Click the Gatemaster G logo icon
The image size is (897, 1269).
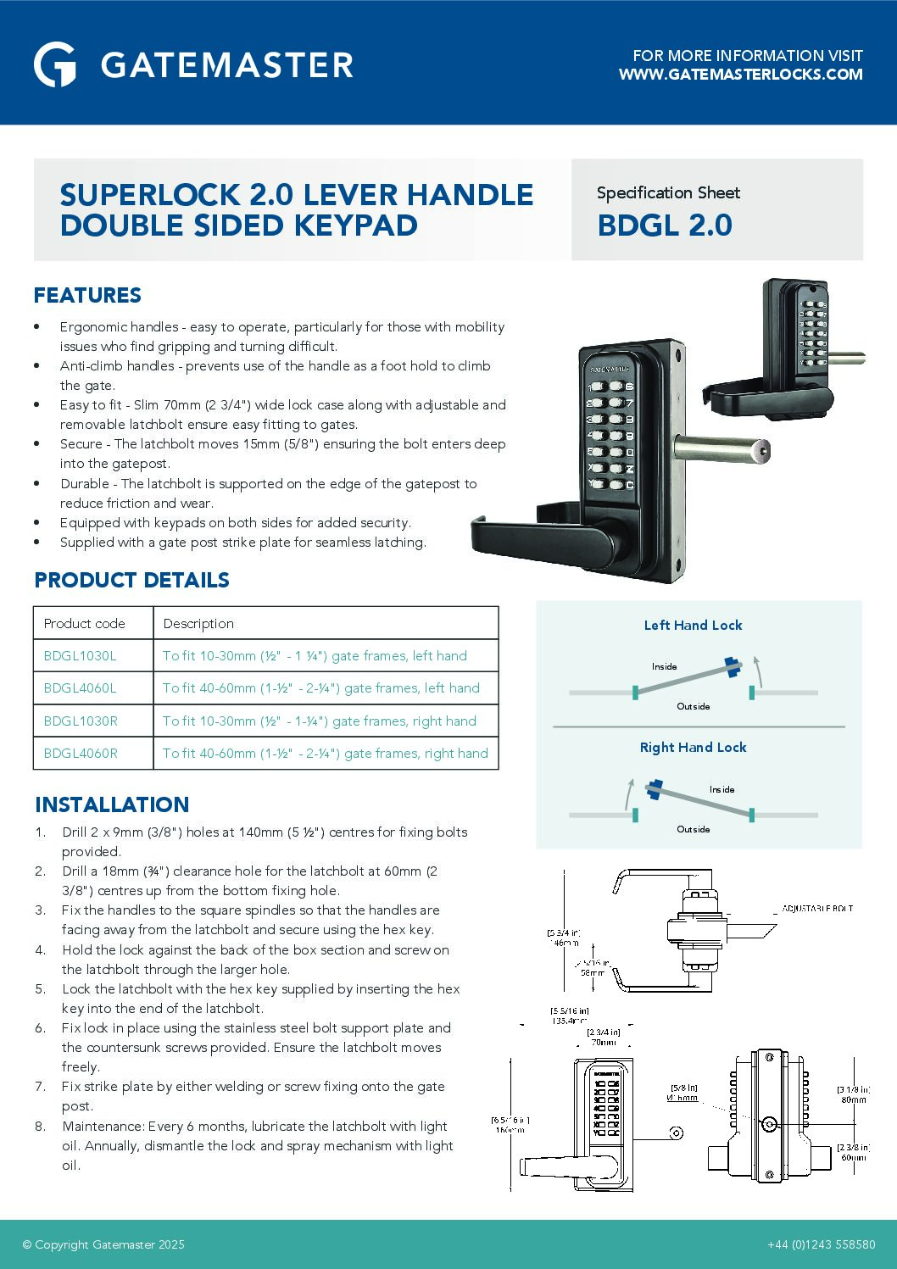tap(55, 64)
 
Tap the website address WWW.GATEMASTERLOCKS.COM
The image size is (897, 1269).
tap(740, 75)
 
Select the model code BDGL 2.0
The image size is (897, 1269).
tap(665, 225)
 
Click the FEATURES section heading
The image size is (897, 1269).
tap(87, 295)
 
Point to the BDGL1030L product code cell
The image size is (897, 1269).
tap(80, 655)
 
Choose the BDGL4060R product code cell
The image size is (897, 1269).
tap(81, 753)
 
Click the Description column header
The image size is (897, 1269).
tap(198, 623)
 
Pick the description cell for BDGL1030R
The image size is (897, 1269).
tap(319, 721)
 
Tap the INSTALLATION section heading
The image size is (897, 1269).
tap(112, 804)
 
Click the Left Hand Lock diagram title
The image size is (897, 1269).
tap(693, 625)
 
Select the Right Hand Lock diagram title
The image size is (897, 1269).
tap(693, 747)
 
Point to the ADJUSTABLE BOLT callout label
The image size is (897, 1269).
tap(817, 908)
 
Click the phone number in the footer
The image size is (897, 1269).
tap(821, 1244)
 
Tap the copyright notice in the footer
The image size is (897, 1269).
tap(103, 1244)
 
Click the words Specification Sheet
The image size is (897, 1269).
tap(668, 193)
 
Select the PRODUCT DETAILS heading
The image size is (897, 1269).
tap(131, 580)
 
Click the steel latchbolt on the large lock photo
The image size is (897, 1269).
tap(721, 449)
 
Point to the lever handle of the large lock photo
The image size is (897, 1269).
tap(534, 535)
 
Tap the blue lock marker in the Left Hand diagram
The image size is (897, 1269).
tap(732, 666)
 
